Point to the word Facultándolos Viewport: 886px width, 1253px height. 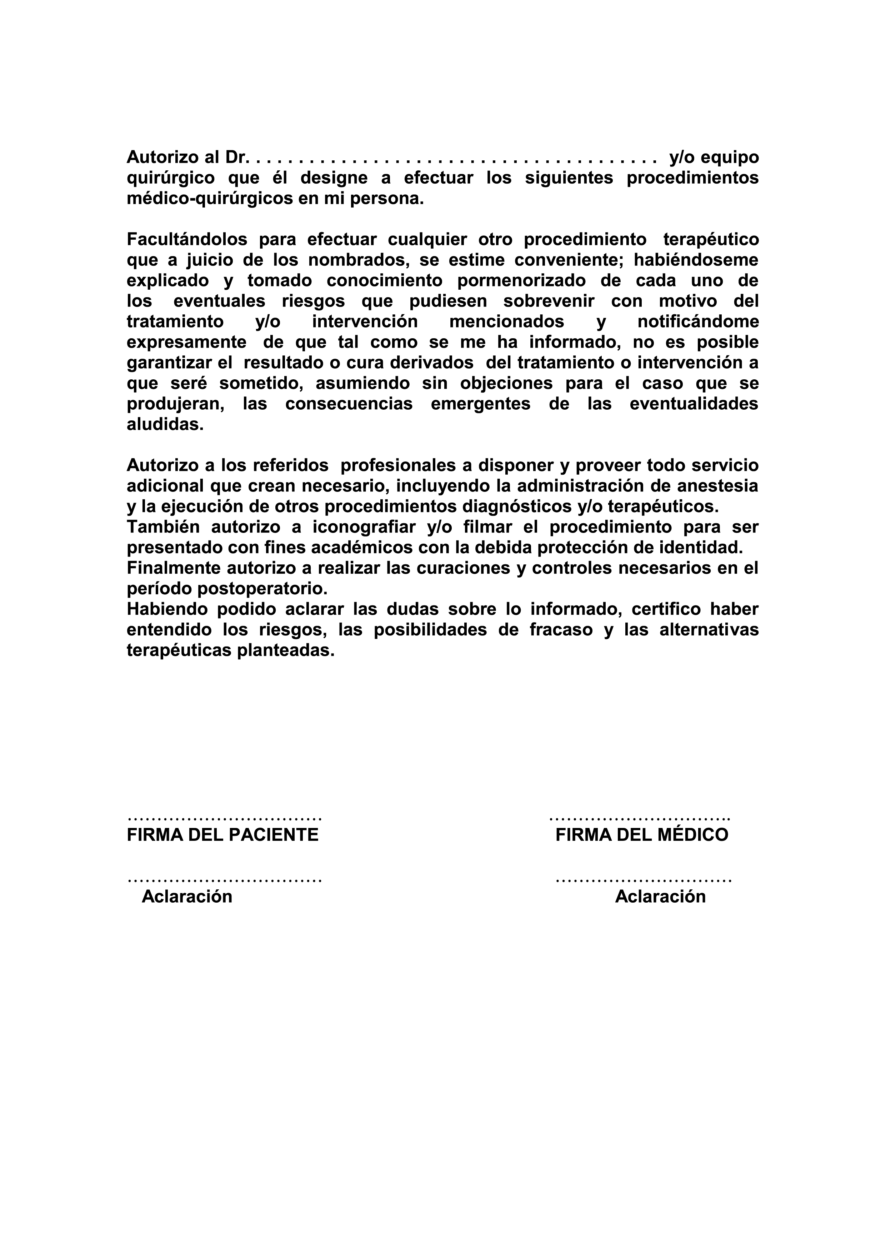pyautogui.click(x=186, y=240)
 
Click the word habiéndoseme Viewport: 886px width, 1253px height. pyautogui.click(x=696, y=260)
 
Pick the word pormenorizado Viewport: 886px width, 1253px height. pyautogui.click(x=521, y=280)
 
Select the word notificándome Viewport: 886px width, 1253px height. pyautogui.click(x=698, y=322)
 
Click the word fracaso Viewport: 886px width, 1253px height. pyautogui.click(x=561, y=630)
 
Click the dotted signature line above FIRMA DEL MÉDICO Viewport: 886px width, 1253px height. pyautogui.click(x=639, y=819)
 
